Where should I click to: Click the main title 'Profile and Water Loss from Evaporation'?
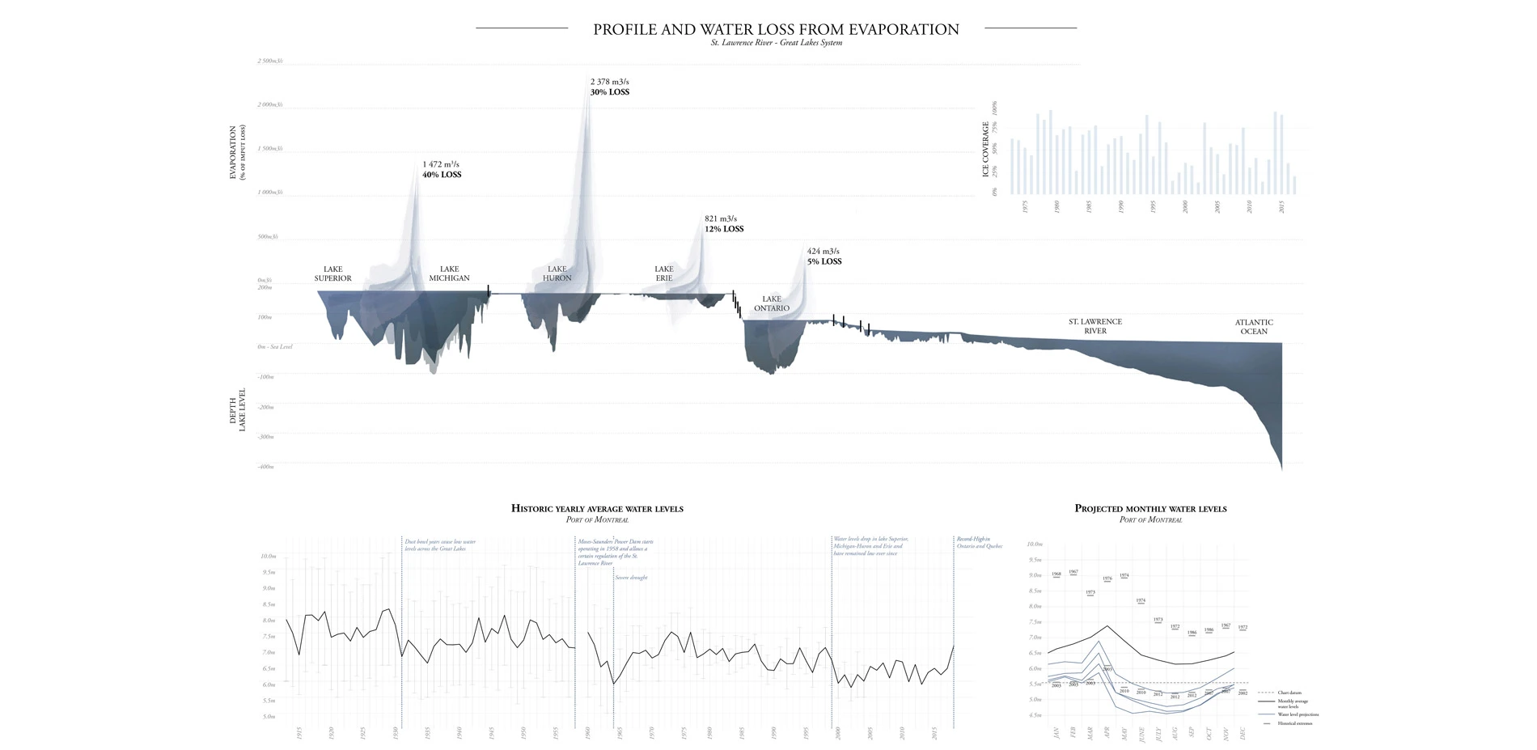[x=776, y=30]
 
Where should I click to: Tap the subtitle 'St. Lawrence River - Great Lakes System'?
[x=776, y=43]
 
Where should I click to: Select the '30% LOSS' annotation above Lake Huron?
[x=610, y=92]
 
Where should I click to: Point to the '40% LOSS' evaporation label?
[x=442, y=175]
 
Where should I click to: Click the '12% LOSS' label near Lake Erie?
[x=724, y=229]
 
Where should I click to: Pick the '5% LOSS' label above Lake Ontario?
[x=824, y=262]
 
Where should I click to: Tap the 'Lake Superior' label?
[x=332, y=273]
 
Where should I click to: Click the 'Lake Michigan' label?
[x=449, y=273]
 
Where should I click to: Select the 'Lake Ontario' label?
[x=772, y=303]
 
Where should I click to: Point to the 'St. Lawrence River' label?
[x=1095, y=326]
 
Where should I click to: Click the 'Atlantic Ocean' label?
[x=1254, y=327]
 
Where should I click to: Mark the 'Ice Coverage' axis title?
[x=985, y=150]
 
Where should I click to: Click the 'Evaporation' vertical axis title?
[x=233, y=152]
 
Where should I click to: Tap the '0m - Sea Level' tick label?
[x=275, y=347]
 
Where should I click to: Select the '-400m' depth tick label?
[x=265, y=467]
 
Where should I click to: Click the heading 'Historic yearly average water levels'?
[x=597, y=509]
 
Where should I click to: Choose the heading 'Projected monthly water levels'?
[x=1150, y=509]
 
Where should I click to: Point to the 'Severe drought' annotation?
[x=631, y=578]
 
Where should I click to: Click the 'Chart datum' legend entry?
[x=1289, y=693]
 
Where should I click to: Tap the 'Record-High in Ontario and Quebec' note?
[x=979, y=542]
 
